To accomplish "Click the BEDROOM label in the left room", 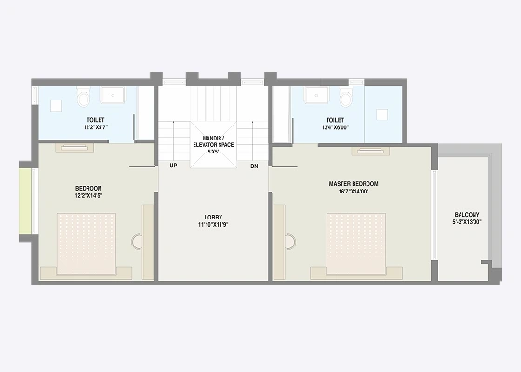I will pos(88,189).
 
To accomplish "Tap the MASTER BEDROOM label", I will pos(351,184).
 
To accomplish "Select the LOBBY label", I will pos(213,218).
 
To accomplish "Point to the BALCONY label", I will pos(467,214).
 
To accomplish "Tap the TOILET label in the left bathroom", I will pos(95,120).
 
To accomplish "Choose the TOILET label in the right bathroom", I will pos(335,120).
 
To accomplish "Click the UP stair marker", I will pos(173,166).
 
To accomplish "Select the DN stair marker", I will pos(253,166).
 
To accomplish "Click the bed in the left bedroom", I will pos(87,245).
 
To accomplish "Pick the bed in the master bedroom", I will pos(355,245).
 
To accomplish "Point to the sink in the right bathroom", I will pos(314,94).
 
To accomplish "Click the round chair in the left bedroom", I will pos(138,242).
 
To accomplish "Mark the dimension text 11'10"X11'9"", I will pos(213,225).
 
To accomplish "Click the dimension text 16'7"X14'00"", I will pos(351,192).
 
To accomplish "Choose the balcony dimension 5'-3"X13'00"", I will pos(467,221).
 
